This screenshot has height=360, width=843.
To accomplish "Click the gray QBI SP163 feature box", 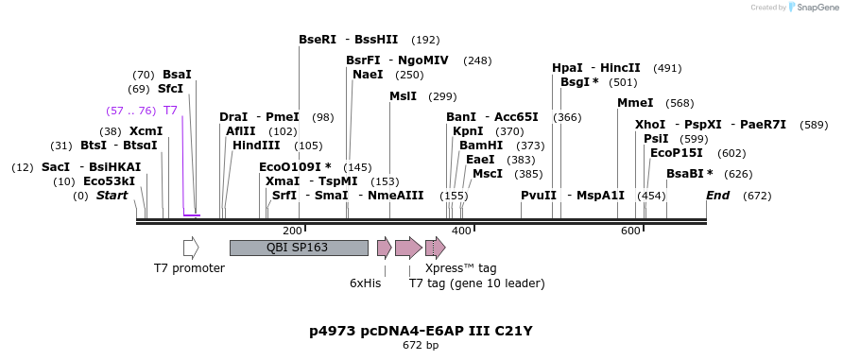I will [299, 248].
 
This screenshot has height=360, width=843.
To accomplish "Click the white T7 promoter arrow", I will [191, 248].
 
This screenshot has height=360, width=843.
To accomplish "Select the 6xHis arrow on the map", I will [384, 248].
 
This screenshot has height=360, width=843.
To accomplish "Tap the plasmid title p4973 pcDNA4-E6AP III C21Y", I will [421, 331].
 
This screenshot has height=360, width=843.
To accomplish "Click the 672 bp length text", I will [421, 346].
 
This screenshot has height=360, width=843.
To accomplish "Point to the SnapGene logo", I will [810, 8].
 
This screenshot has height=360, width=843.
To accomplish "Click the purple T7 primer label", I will [170, 111].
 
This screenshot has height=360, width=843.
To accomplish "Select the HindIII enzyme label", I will [256, 146].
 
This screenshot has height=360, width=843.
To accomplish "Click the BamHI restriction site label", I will [481, 146].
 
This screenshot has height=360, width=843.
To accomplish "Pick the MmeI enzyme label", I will [635, 103].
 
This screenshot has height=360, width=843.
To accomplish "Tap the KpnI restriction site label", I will [468, 131].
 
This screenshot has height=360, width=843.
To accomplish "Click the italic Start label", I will [112, 196].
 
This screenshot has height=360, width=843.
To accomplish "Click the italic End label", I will [717, 196].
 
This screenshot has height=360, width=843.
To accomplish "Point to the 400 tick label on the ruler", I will [461, 231].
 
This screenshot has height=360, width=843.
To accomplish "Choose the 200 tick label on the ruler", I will [292, 231].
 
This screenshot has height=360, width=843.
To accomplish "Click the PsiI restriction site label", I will [656, 139].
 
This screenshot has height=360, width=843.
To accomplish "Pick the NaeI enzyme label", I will [368, 75].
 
